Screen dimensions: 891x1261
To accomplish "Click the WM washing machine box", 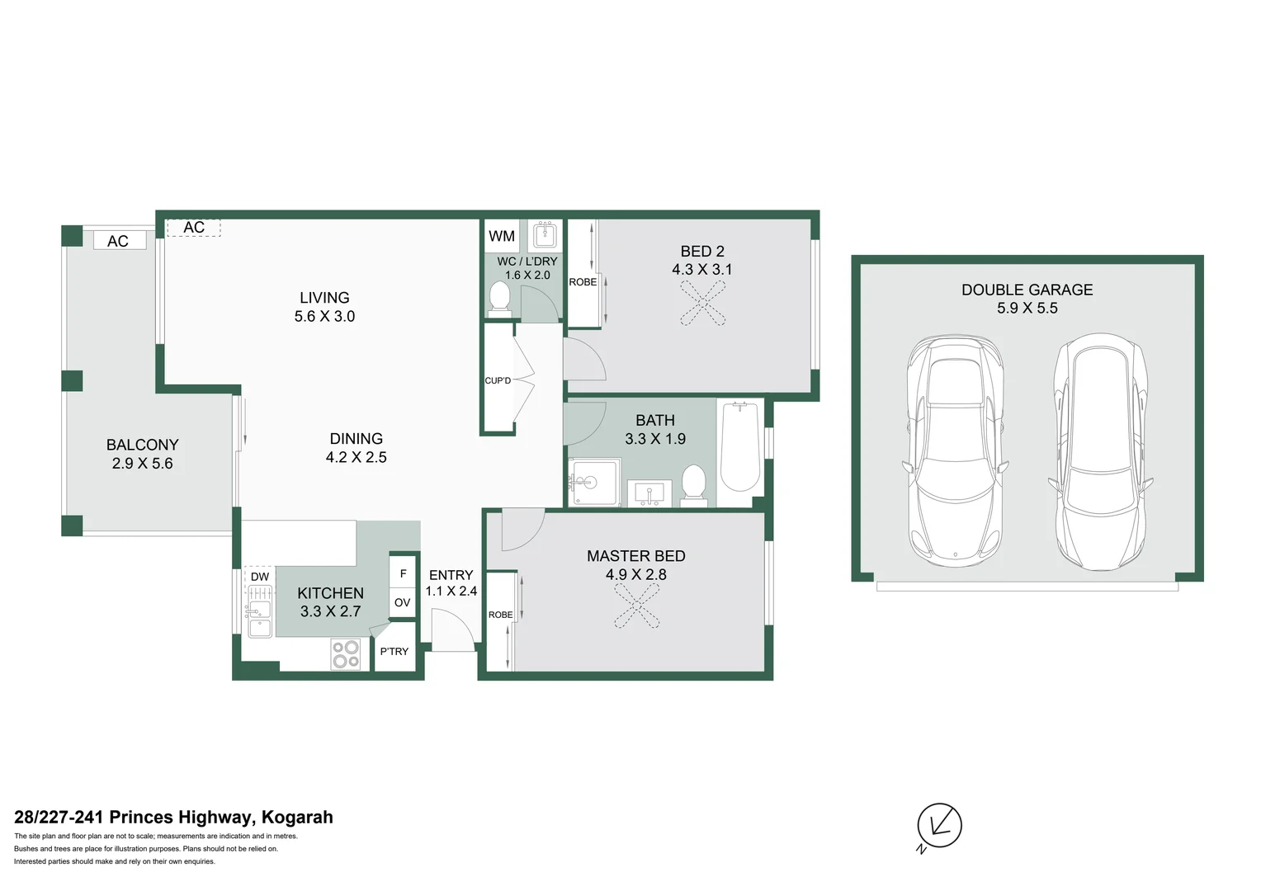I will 501,236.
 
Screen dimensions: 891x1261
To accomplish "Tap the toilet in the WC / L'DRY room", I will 499,298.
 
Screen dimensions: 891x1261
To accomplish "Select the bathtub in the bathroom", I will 739,446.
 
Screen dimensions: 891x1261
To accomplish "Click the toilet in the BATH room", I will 693,483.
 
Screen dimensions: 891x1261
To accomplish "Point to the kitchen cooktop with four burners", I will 346,654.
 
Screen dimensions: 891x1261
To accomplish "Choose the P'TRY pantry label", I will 394,652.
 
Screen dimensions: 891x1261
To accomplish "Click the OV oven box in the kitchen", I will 402,602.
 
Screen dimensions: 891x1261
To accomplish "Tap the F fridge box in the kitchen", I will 403,573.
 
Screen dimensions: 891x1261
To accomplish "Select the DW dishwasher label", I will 259,577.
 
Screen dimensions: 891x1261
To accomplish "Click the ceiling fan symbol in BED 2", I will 703,303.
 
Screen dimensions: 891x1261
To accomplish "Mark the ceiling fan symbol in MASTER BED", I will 636,607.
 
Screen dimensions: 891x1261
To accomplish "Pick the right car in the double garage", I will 1100,451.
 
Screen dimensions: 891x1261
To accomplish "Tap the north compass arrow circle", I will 939,825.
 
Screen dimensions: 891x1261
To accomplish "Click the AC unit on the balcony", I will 118,241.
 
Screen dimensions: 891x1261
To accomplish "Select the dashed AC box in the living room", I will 194,228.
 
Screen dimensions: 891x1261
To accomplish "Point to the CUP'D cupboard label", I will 498,380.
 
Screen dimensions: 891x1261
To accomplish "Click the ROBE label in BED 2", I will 583,282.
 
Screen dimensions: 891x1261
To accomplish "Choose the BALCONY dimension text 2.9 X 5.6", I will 142,464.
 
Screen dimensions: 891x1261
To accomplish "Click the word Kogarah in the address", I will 297,817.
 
